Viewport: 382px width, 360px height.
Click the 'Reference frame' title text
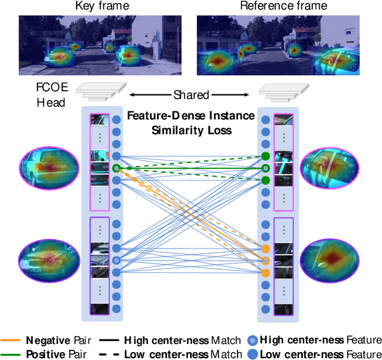pyautogui.click(x=284, y=7)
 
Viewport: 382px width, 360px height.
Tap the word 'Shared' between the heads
pyautogui.click(x=191, y=95)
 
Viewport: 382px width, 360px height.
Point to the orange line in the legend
pyautogui.click(x=13, y=340)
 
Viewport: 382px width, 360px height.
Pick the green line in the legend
pyautogui.click(x=13, y=354)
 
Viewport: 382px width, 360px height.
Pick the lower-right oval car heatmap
pyautogui.click(x=330, y=257)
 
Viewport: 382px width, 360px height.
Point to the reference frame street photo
pyautogui.click(x=283, y=41)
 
